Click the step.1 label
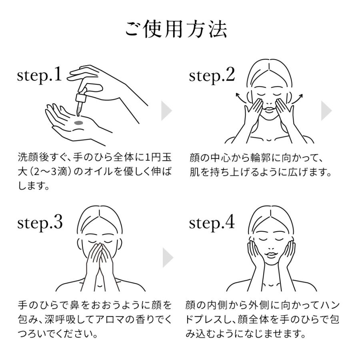pos(40,75)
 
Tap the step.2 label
pos(212,75)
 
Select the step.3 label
pos(40,223)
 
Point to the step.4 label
pos(212,223)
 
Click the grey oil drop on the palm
pos(79,122)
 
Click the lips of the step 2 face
pos(269,108)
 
